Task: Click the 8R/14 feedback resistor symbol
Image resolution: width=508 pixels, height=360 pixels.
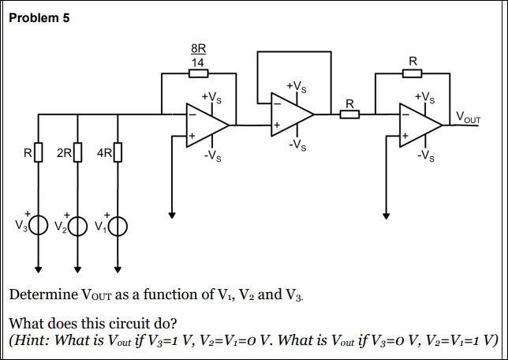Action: point(199,74)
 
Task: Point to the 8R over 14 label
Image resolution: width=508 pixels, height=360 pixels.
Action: point(199,54)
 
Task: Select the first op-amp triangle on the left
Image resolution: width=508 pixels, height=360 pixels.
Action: point(204,124)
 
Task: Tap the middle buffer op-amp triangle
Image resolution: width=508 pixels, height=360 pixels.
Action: point(289,114)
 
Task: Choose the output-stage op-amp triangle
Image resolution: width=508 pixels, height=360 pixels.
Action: point(418,124)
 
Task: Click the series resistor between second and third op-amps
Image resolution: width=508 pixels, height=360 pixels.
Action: point(349,114)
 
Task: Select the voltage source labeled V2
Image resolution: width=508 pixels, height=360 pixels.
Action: point(77,227)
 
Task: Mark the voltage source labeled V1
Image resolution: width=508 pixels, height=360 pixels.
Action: point(118,227)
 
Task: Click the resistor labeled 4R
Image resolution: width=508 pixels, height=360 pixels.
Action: point(118,152)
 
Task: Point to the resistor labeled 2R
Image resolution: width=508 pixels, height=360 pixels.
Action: point(77,152)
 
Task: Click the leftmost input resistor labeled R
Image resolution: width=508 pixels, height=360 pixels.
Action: point(37,152)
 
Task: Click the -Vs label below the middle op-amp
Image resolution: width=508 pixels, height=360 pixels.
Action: point(297,144)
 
